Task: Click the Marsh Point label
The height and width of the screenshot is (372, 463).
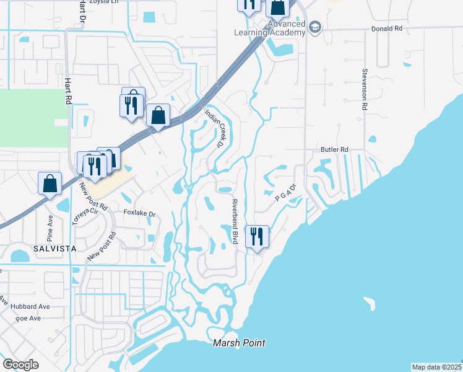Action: (x=239, y=343)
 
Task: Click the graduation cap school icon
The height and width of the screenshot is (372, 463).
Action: (x=316, y=27)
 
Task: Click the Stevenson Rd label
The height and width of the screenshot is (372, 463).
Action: (x=365, y=90)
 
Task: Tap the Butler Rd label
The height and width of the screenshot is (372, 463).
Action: (x=335, y=149)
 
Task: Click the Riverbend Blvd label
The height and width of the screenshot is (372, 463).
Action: (x=235, y=222)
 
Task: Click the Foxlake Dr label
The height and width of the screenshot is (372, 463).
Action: (x=139, y=214)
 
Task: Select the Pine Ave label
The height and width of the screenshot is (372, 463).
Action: (x=50, y=228)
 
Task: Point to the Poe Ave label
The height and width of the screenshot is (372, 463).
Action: (x=28, y=318)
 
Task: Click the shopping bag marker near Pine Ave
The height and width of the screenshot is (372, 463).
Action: (x=50, y=183)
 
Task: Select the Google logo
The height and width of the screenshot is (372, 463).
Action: (x=21, y=365)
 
